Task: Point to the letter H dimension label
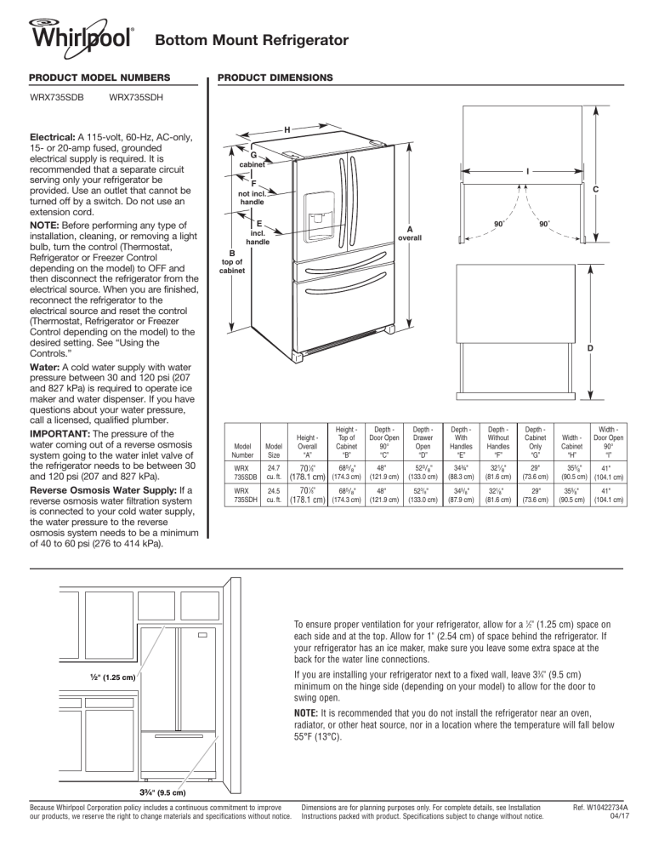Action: coord(287,129)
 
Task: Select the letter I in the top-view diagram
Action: coord(527,169)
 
